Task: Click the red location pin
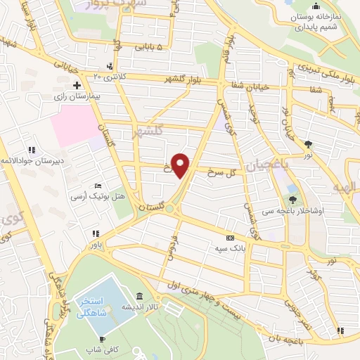(x=181, y=164)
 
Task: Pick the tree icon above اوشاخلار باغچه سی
(x=293, y=200)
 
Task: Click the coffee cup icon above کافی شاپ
(x=102, y=339)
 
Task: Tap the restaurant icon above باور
(x=94, y=234)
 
